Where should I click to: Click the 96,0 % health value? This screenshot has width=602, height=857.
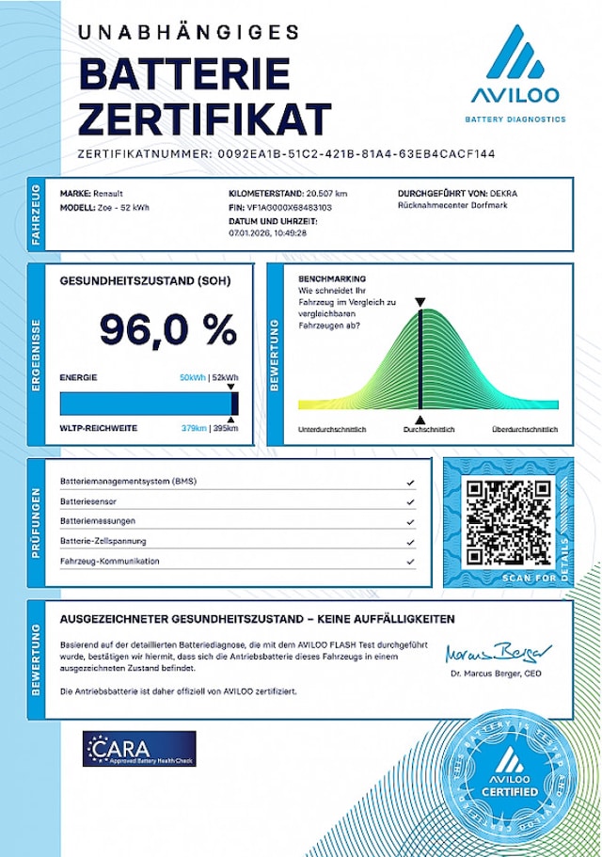point(168,330)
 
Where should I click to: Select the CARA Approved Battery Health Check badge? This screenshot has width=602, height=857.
point(139,749)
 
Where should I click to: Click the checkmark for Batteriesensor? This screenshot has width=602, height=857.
point(410,500)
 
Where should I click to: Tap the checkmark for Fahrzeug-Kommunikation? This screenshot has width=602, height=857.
point(410,562)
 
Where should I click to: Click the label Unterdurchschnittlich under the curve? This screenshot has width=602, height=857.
point(331,429)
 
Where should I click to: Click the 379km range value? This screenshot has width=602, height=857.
point(194,428)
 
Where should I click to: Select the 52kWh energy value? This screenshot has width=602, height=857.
point(226,377)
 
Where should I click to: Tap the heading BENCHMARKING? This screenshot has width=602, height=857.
point(331,279)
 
